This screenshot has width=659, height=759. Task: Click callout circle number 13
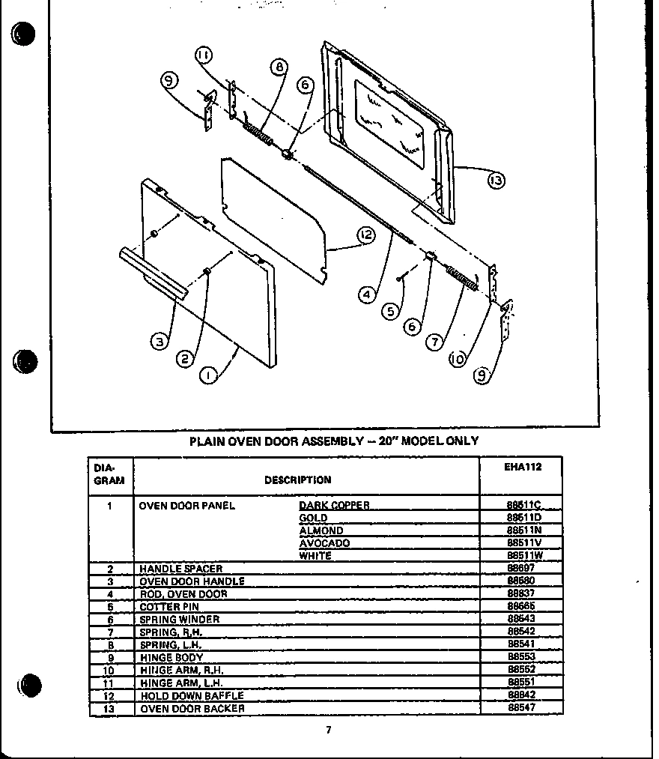[x=495, y=181]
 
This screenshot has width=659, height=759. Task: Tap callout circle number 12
[x=365, y=235]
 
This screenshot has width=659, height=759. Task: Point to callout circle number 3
[x=158, y=342]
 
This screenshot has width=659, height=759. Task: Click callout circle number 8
[x=279, y=69]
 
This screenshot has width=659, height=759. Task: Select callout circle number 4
[x=365, y=294]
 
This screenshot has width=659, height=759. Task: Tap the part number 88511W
[x=523, y=556]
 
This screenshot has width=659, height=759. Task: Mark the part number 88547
[x=522, y=708]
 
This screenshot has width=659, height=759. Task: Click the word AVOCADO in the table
[x=324, y=543]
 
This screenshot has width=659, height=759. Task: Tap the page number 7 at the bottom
[x=327, y=731]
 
